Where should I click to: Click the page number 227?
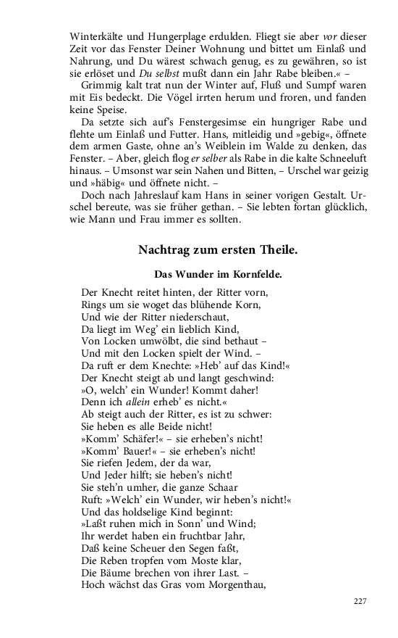pyautogui.click(x=360, y=601)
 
